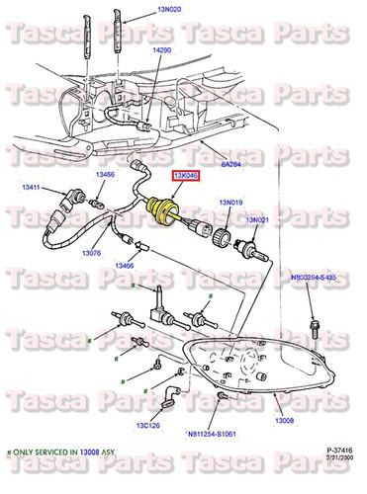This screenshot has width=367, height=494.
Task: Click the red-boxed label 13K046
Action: coord(186,175)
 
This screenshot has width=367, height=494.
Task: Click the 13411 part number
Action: coord(32,186)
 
